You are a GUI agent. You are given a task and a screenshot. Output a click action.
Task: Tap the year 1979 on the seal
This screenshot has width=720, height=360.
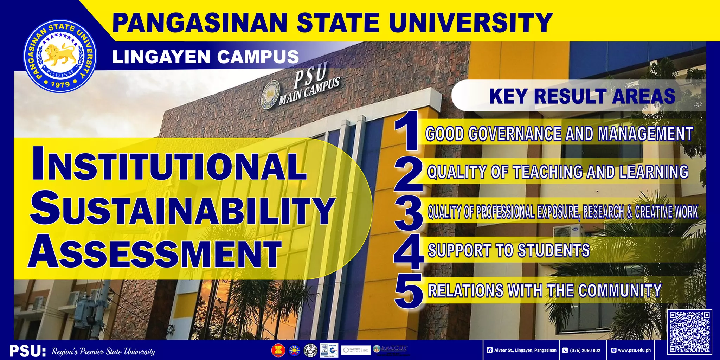tap(60, 84)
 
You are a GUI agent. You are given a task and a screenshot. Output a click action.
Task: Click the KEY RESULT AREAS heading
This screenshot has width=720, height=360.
tap(582, 96)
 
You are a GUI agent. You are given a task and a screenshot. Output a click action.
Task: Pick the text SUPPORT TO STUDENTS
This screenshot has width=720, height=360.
tap(508, 250)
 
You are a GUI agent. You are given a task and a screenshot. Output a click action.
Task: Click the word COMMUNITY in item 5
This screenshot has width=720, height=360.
tap(620, 290)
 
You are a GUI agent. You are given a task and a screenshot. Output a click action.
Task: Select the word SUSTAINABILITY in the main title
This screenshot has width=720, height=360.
tap(182, 210)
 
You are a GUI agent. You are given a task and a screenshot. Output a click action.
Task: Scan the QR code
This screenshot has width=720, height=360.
tap(689, 332)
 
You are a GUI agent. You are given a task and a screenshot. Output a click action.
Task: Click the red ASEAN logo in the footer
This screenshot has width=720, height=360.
tap(278, 350)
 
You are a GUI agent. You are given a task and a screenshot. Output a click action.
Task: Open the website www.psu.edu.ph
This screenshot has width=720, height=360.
tap(634, 350)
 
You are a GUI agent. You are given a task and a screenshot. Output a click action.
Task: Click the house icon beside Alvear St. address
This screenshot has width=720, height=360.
tap(489, 350)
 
